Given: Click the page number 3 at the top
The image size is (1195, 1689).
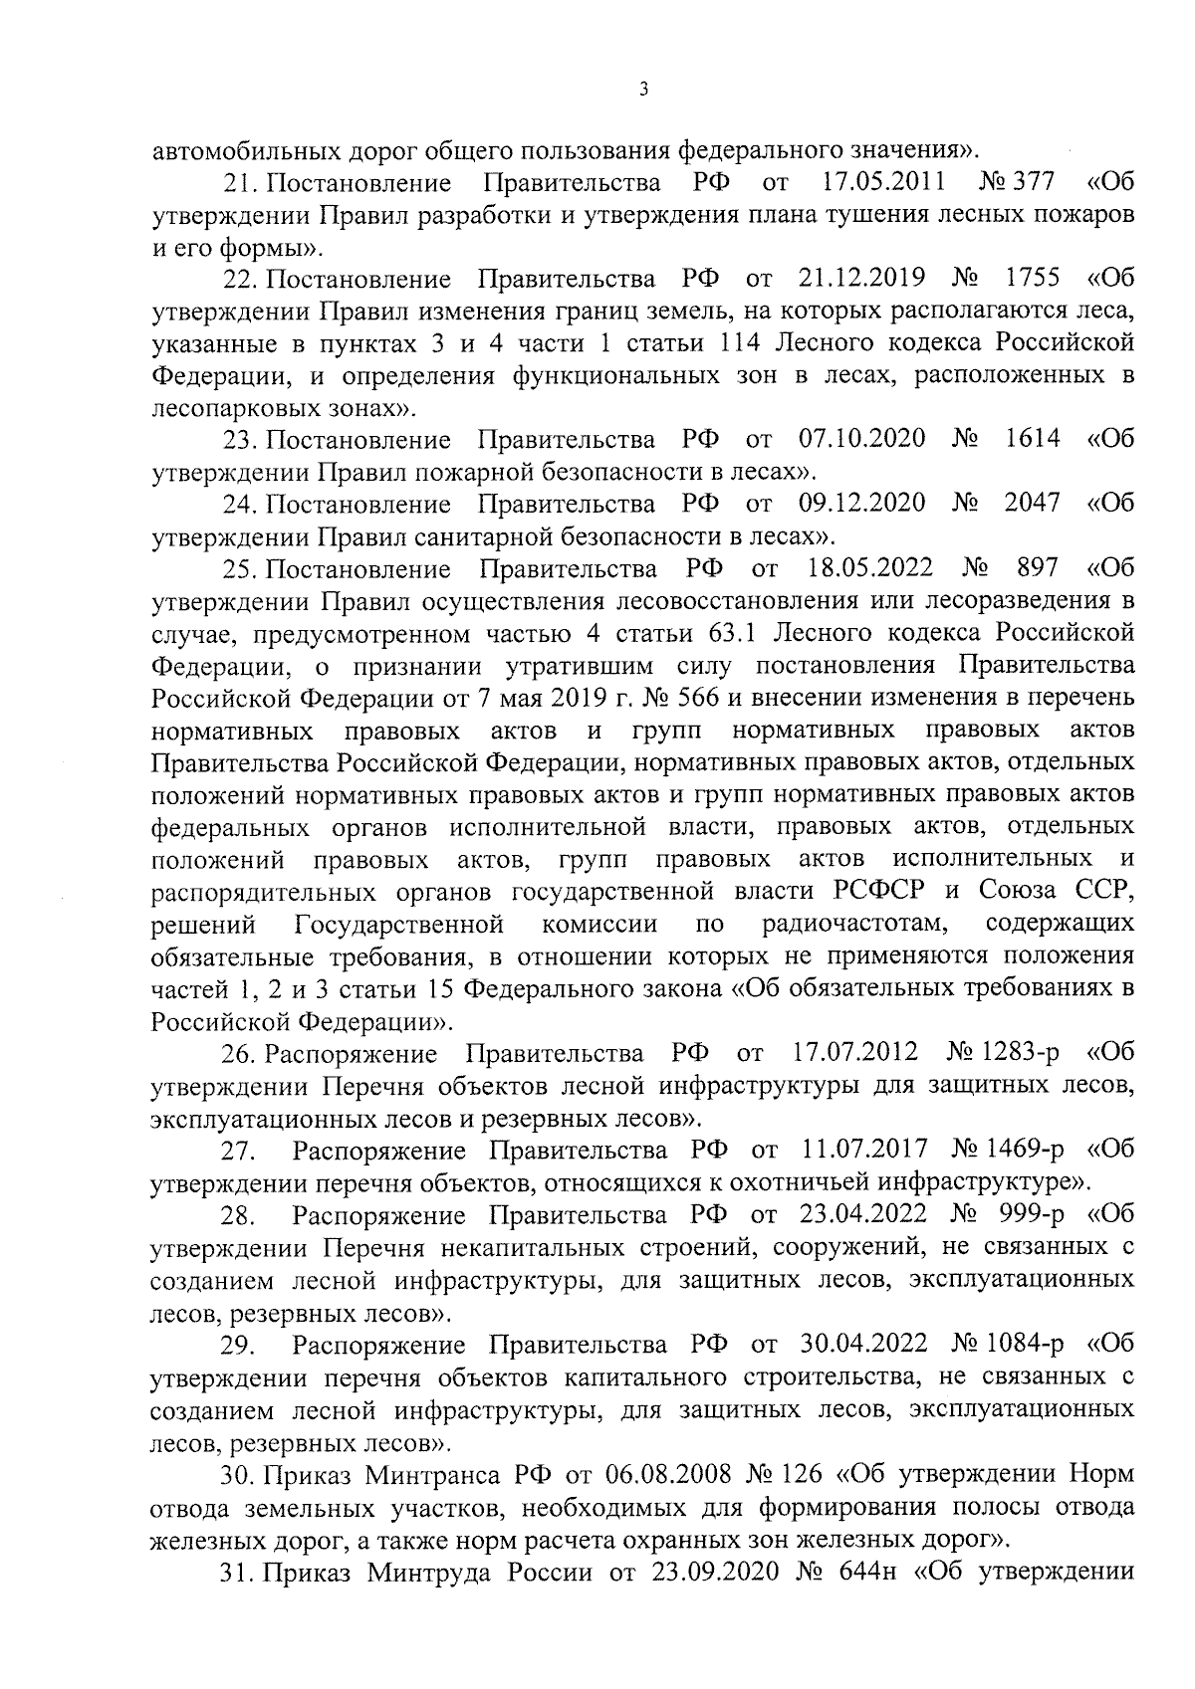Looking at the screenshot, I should click(x=643, y=90).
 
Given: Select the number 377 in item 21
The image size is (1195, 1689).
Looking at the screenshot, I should click(x=1036, y=183).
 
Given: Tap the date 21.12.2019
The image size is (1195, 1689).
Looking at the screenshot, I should click(x=862, y=279).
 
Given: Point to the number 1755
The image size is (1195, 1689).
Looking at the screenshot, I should click(x=1033, y=279).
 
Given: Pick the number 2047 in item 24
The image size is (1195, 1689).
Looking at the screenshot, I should click(x=1033, y=505).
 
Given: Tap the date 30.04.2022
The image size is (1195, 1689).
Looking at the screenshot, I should click(x=863, y=1345).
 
